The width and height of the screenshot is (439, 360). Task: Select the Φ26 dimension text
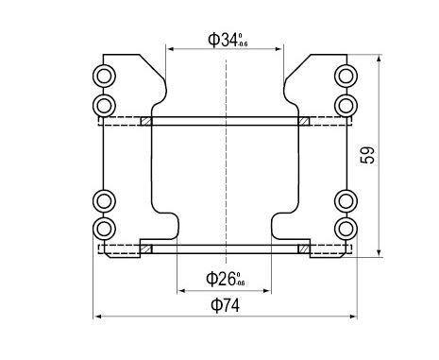click(x=226, y=278)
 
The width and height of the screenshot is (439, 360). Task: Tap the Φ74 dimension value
click(x=225, y=306)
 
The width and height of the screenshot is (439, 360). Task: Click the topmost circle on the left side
click(x=104, y=76)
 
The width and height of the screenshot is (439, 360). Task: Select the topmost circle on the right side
click(x=346, y=76)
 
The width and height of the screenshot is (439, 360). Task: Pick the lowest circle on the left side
click(x=104, y=228)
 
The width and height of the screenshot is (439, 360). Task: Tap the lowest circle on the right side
click(x=346, y=228)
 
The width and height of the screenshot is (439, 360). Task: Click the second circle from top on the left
click(x=104, y=101)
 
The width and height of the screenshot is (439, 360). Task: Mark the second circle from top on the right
click(x=346, y=101)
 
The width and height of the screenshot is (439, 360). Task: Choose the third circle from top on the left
click(x=104, y=201)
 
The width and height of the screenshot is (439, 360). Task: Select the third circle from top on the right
click(x=346, y=201)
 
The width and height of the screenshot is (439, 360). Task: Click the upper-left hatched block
click(x=146, y=121)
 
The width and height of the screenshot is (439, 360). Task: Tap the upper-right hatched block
click(x=304, y=121)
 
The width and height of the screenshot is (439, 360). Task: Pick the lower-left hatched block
click(x=146, y=249)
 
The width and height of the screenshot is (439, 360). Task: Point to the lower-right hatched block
click(x=304, y=249)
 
